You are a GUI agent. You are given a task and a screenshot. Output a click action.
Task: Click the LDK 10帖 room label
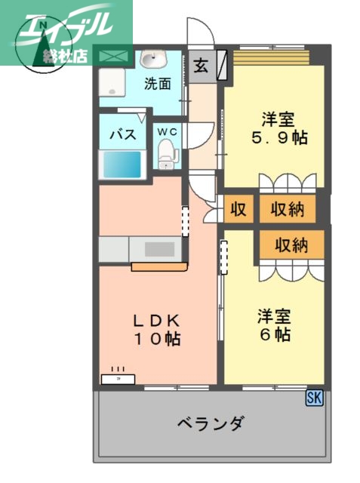click(158, 329)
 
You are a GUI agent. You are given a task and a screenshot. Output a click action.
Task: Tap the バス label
click(122, 135)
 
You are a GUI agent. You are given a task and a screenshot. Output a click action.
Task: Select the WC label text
click(167, 132)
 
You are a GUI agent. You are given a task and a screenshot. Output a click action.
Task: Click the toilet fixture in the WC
click(167, 155)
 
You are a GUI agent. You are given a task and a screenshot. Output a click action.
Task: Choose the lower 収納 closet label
click(291, 245)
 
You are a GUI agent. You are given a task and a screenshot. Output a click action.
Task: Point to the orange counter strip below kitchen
click(158, 266)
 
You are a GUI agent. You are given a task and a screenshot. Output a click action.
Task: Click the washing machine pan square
click(114, 82)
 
